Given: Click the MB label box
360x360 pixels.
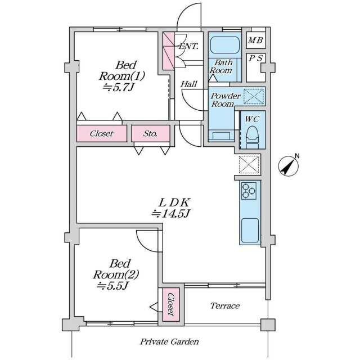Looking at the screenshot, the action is point(256,40).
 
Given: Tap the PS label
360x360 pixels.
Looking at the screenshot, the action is point(256,58).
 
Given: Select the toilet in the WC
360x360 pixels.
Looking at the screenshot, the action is point(252,137).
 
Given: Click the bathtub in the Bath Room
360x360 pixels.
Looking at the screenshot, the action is point(225,45).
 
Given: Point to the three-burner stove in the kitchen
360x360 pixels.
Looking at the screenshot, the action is point(249,191).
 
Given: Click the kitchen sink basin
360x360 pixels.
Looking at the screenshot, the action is point(250,230).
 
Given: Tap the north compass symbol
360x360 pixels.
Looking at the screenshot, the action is point(289,165).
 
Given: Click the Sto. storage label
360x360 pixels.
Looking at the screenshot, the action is point(150,133).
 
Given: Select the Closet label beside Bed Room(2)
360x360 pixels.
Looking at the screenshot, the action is point(171,304).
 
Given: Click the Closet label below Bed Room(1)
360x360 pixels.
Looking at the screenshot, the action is point(101,133).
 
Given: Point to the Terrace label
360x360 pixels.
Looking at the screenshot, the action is point(225,305).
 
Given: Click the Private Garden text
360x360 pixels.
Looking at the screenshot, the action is point(169,341).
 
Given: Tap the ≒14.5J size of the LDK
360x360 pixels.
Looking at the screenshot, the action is point(170,214).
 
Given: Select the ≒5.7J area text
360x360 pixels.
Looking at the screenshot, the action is point(118,87).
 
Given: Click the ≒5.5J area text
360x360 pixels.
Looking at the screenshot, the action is point(112,286).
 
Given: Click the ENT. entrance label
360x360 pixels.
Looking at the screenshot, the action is point(188,46).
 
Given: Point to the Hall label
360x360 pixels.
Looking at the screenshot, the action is point(189,84).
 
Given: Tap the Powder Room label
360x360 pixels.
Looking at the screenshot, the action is point(226,100).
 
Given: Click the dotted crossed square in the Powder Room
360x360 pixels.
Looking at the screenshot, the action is point(254,96).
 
